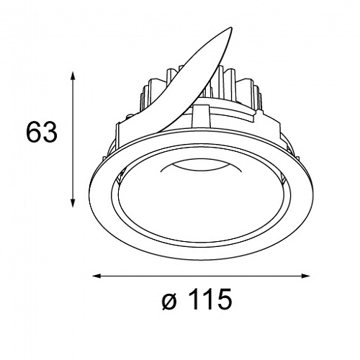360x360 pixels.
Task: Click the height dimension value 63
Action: click(42, 132)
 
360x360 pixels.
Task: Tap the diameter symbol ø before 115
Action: click(171, 301)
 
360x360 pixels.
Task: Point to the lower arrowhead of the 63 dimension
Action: click(73, 202)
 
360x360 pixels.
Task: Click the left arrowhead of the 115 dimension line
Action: click(98, 276)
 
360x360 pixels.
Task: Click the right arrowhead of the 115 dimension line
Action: click(305, 276)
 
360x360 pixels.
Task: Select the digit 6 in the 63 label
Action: click(34, 132)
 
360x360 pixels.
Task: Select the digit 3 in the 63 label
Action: click(50, 132)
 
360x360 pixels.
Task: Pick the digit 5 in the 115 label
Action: click(224, 300)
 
